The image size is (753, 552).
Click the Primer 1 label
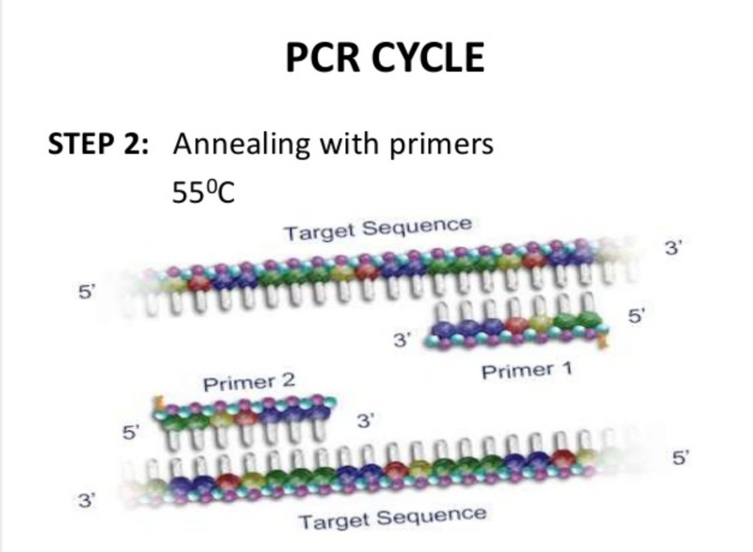(526, 371)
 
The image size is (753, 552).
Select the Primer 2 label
(249, 381)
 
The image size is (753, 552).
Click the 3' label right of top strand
(672, 248)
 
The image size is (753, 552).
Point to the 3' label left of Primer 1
(401, 341)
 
